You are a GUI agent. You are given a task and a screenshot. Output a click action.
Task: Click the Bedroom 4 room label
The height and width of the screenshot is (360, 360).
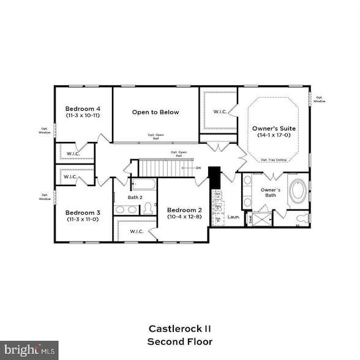[x=82, y=109]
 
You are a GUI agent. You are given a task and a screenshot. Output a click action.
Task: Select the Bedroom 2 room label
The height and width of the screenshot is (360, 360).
[x=184, y=210]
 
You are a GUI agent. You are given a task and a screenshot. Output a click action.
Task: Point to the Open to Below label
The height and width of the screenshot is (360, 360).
[x=156, y=112]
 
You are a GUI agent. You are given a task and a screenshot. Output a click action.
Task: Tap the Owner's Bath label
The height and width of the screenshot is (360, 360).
[x=271, y=193]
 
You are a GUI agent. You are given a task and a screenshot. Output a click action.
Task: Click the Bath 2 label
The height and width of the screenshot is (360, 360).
[x=135, y=197]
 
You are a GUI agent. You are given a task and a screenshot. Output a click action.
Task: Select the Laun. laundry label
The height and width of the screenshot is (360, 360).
[x=234, y=217]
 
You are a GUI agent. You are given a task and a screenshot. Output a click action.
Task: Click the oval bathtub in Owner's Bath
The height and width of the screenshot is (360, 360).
[x=298, y=191]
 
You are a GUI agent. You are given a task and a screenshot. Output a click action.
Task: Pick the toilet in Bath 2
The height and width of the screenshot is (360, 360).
[x=148, y=209]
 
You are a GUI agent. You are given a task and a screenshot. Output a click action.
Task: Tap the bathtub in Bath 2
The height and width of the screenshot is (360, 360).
[x=143, y=184]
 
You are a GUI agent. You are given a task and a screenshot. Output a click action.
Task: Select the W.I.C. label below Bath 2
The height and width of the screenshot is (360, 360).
[x=137, y=231]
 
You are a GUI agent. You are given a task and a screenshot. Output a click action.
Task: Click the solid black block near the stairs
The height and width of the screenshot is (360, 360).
[x=214, y=178]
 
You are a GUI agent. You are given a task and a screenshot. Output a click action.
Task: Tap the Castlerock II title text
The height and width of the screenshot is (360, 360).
[x=179, y=328]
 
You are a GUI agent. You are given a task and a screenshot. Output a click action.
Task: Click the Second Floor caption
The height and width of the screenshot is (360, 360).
[x=179, y=341]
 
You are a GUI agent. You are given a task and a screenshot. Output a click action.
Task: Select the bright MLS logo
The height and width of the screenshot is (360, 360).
[x=29, y=351]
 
